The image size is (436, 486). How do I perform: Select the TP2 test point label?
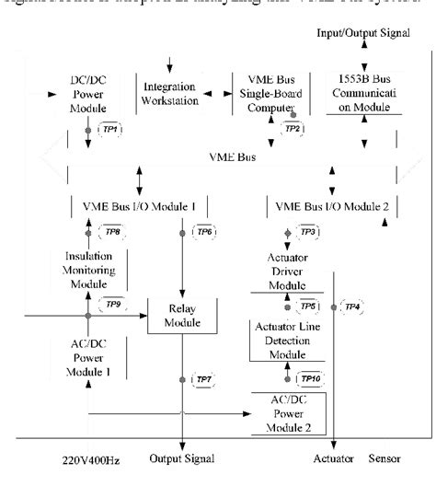pos(294,129)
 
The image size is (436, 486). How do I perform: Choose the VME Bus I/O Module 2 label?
pos(327,206)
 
